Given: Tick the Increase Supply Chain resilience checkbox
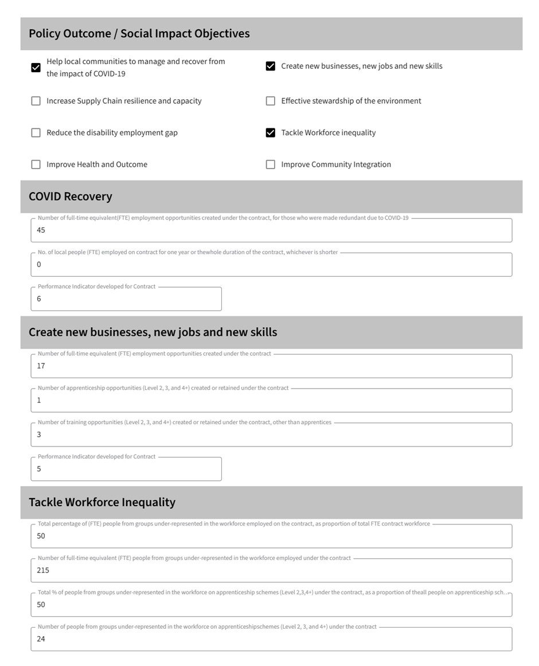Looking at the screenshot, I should [x=36, y=101].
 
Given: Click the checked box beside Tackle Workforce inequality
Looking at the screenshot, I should [x=271, y=133].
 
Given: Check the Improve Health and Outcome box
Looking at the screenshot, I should [x=36, y=164].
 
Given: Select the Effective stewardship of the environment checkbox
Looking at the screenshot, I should [x=271, y=101].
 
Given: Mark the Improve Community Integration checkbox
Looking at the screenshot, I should [x=271, y=164].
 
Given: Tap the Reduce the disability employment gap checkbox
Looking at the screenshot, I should [x=36, y=133].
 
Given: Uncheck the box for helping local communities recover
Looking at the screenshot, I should [x=36, y=68].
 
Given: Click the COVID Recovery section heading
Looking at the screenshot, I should [x=71, y=197].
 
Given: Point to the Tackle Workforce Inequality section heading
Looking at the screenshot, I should [x=102, y=502].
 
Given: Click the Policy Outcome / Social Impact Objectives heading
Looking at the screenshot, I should [x=139, y=33].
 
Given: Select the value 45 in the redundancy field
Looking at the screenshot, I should [x=41, y=230].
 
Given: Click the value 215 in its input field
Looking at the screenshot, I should [x=43, y=570].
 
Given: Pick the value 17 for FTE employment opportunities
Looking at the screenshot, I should [x=41, y=366].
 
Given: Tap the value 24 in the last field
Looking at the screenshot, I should [x=41, y=639].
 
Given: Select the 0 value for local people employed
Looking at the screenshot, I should [x=39, y=264].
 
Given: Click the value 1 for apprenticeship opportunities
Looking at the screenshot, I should [x=39, y=400].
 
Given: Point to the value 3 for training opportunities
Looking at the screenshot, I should [x=39, y=434].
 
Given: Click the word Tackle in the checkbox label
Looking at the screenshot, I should [x=292, y=133].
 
